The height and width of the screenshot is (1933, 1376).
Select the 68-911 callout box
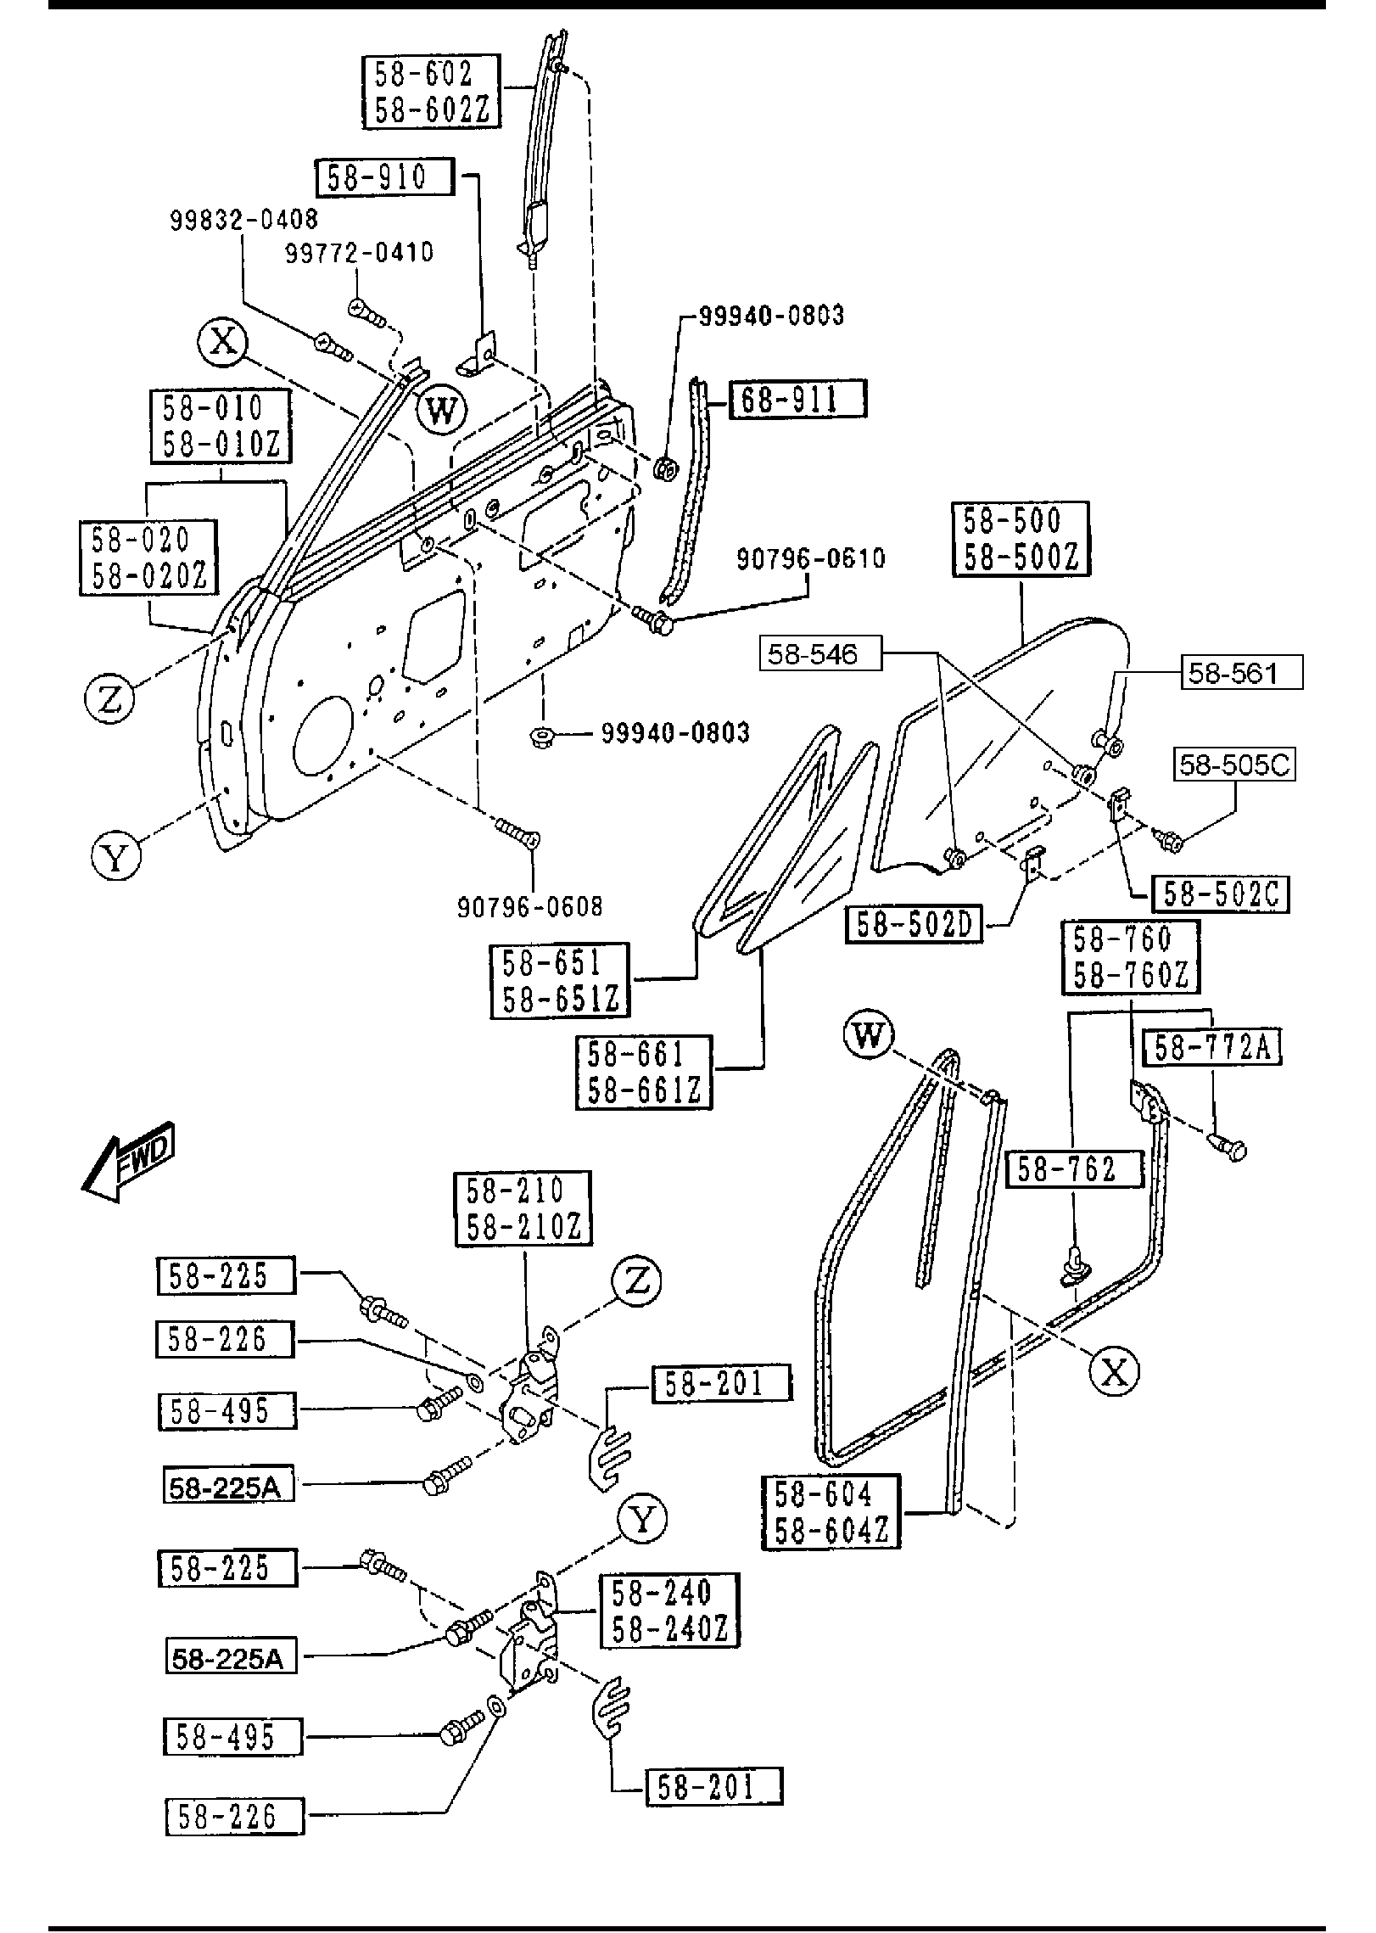(797, 399)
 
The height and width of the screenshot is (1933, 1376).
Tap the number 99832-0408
(244, 220)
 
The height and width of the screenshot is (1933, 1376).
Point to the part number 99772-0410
(359, 252)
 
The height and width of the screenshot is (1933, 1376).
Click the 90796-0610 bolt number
(810, 558)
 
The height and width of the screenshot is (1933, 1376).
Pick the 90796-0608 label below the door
(530, 906)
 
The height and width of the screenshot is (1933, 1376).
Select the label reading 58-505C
(1234, 765)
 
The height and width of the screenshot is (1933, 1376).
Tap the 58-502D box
(914, 925)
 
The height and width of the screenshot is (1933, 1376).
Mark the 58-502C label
(1220, 894)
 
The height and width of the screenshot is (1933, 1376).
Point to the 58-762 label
(1074, 1169)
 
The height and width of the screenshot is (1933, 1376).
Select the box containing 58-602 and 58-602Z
(432, 92)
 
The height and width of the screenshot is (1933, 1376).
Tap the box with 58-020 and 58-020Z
(148, 557)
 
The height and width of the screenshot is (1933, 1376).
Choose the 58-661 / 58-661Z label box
(644, 1072)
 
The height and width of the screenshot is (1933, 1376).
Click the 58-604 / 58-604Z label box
(831, 1512)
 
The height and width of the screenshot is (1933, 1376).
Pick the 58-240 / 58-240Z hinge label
(669, 1611)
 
